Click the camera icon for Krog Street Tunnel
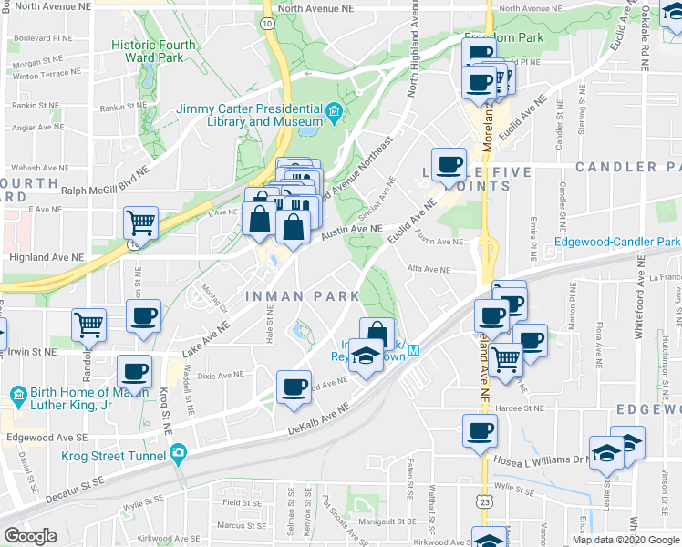click(178, 452)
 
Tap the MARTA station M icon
click(413, 351)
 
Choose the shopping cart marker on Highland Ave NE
click(140, 222)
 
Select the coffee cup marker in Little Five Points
click(449, 165)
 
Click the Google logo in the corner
click(30, 536)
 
